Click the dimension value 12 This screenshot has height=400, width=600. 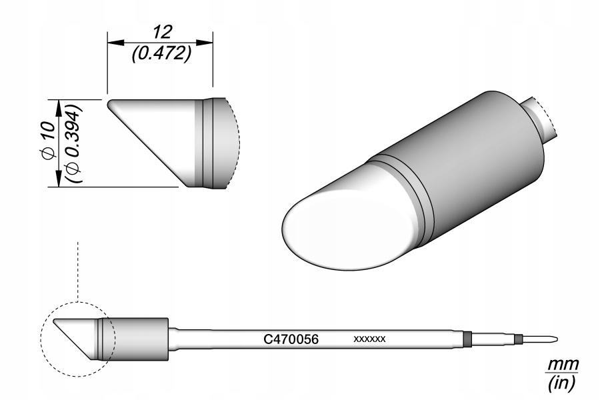[x=163, y=32]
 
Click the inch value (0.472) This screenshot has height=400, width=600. [x=161, y=54]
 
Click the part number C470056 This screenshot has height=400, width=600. [x=291, y=339]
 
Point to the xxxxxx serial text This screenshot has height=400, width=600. [x=369, y=339]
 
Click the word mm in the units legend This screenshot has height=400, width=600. [x=562, y=365]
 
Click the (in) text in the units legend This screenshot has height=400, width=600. [x=562, y=383]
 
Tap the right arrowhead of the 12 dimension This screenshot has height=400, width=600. [x=205, y=42]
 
